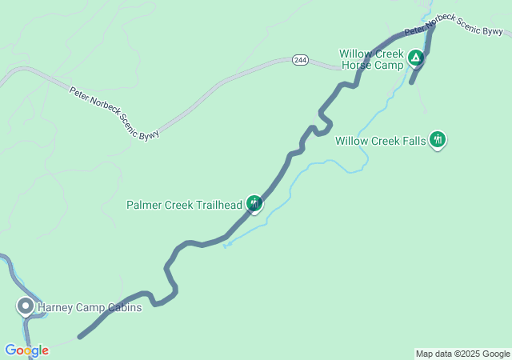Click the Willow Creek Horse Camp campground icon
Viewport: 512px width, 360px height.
[415, 58]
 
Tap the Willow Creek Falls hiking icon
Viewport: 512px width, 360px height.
[437, 140]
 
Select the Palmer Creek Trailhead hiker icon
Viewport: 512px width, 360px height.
[254, 204]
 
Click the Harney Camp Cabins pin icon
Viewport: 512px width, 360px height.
[26, 306]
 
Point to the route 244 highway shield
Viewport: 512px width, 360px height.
[300, 60]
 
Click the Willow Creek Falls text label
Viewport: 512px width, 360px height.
[381, 141]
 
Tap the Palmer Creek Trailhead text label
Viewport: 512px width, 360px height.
[184, 205]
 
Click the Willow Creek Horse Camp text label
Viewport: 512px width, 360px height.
[371, 58]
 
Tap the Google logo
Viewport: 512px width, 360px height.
[26, 350]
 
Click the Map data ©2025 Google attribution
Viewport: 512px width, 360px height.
[462, 354]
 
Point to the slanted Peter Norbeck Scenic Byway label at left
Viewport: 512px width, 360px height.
[114, 113]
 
